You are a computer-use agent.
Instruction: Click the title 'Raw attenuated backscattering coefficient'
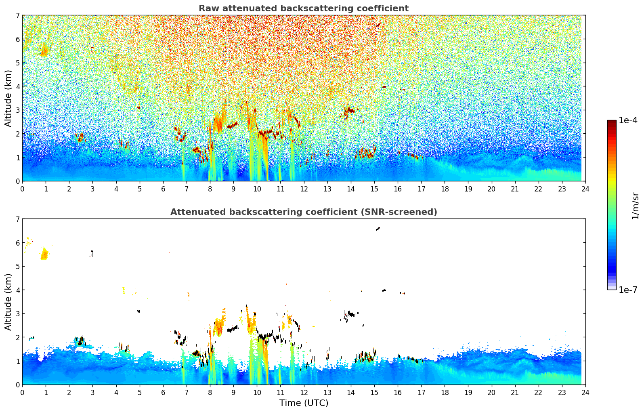pyautogui.click(x=303, y=8)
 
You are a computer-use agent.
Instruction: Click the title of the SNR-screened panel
pyautogui.click(x=303, y=212)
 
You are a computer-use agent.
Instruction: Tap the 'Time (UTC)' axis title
pyautogui.click(x=304, y=403)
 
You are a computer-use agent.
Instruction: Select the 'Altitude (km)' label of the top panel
pyautogui.click(x=8, y=98)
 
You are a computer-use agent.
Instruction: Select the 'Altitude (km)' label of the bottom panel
pyautogui.click(x=8, y=302)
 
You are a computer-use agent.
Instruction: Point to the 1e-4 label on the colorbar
pyautogui.click(x=628, y=120)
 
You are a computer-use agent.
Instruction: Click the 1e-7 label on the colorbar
pyautogui.click(x=628, y=290)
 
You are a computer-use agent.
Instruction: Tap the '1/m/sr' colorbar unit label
pyautogui.click(x=635, y=206)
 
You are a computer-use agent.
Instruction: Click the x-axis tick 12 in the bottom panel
pyautogui.click(x=304, y=392)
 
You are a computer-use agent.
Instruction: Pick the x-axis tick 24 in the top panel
pyautogui.click(x=585, y=189)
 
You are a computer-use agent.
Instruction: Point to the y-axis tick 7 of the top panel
pyautogui.click(x=17, y=16)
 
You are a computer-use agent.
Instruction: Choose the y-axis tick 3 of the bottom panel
pyautogui.click(x=17, y=314)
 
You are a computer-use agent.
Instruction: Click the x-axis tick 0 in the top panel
pyautogui.click(x=22, y=189)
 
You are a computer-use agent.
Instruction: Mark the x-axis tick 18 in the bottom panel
pyautogui.click(x=445, y=392)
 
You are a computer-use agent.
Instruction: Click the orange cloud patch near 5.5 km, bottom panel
pyautogui.click(x=44, y=254)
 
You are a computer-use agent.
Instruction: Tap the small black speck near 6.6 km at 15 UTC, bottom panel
pyautogui.click(x=378, y=229)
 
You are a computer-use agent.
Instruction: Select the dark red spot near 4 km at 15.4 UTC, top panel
pyautogui.click(x=384, y=86)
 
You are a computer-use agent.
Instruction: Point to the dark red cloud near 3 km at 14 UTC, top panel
pyautogui.click(x=350, y=110)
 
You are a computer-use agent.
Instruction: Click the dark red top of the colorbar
pyautogui.click(x=611, y=123)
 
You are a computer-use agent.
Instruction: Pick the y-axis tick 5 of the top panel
pyautogui.click(x=17, y=63)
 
